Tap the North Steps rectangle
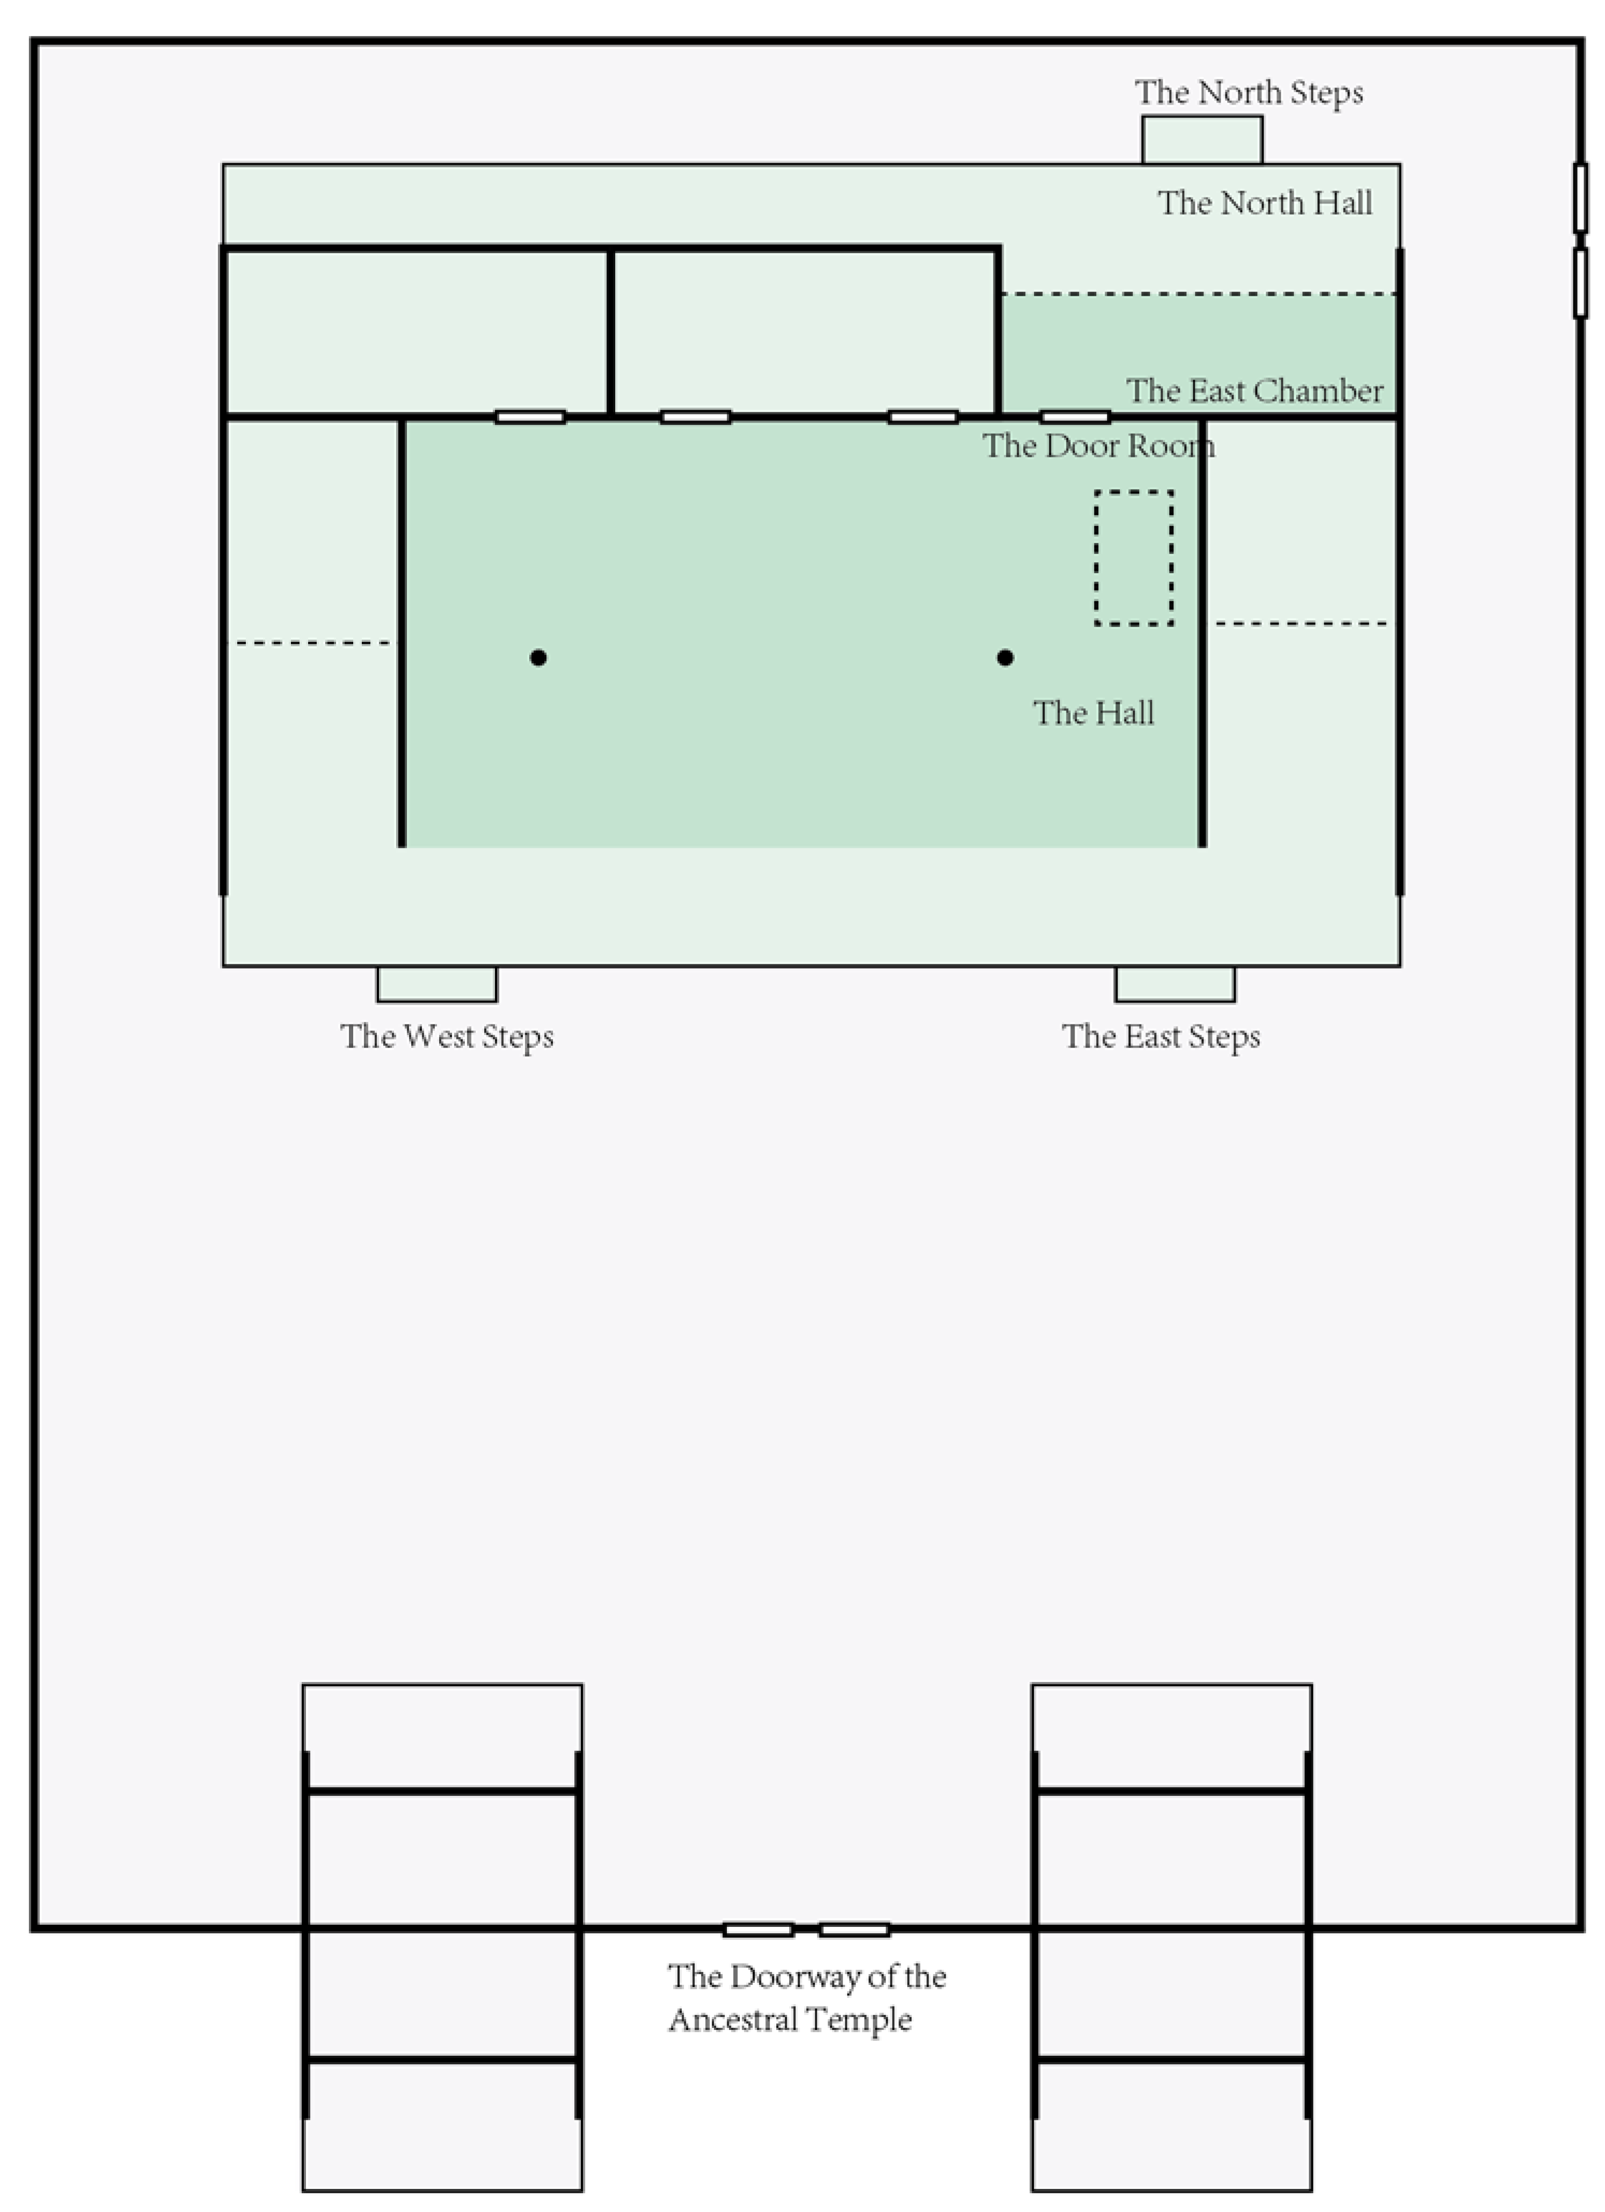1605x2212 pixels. (x=1202, y=141)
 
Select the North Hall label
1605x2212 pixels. (x=1265, y=203)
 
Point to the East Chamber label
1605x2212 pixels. (x=1255, y=391)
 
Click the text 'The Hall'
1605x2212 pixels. (x=1094, y=713)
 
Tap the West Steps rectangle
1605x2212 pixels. (x=437, y=984)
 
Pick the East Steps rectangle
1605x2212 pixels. (x=1175, y=984)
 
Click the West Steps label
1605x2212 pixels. (x=447, y=1037)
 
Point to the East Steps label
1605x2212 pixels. (x=1161, y=1037)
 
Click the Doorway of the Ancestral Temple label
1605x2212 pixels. (x=806, y=1997)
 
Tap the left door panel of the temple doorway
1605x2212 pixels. (x=758, y=1929)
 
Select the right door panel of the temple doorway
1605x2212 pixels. (x=854, y=1929)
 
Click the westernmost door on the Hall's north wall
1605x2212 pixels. (x=530, y=417)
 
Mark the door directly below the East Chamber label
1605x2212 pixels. (x=1075, y=417)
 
